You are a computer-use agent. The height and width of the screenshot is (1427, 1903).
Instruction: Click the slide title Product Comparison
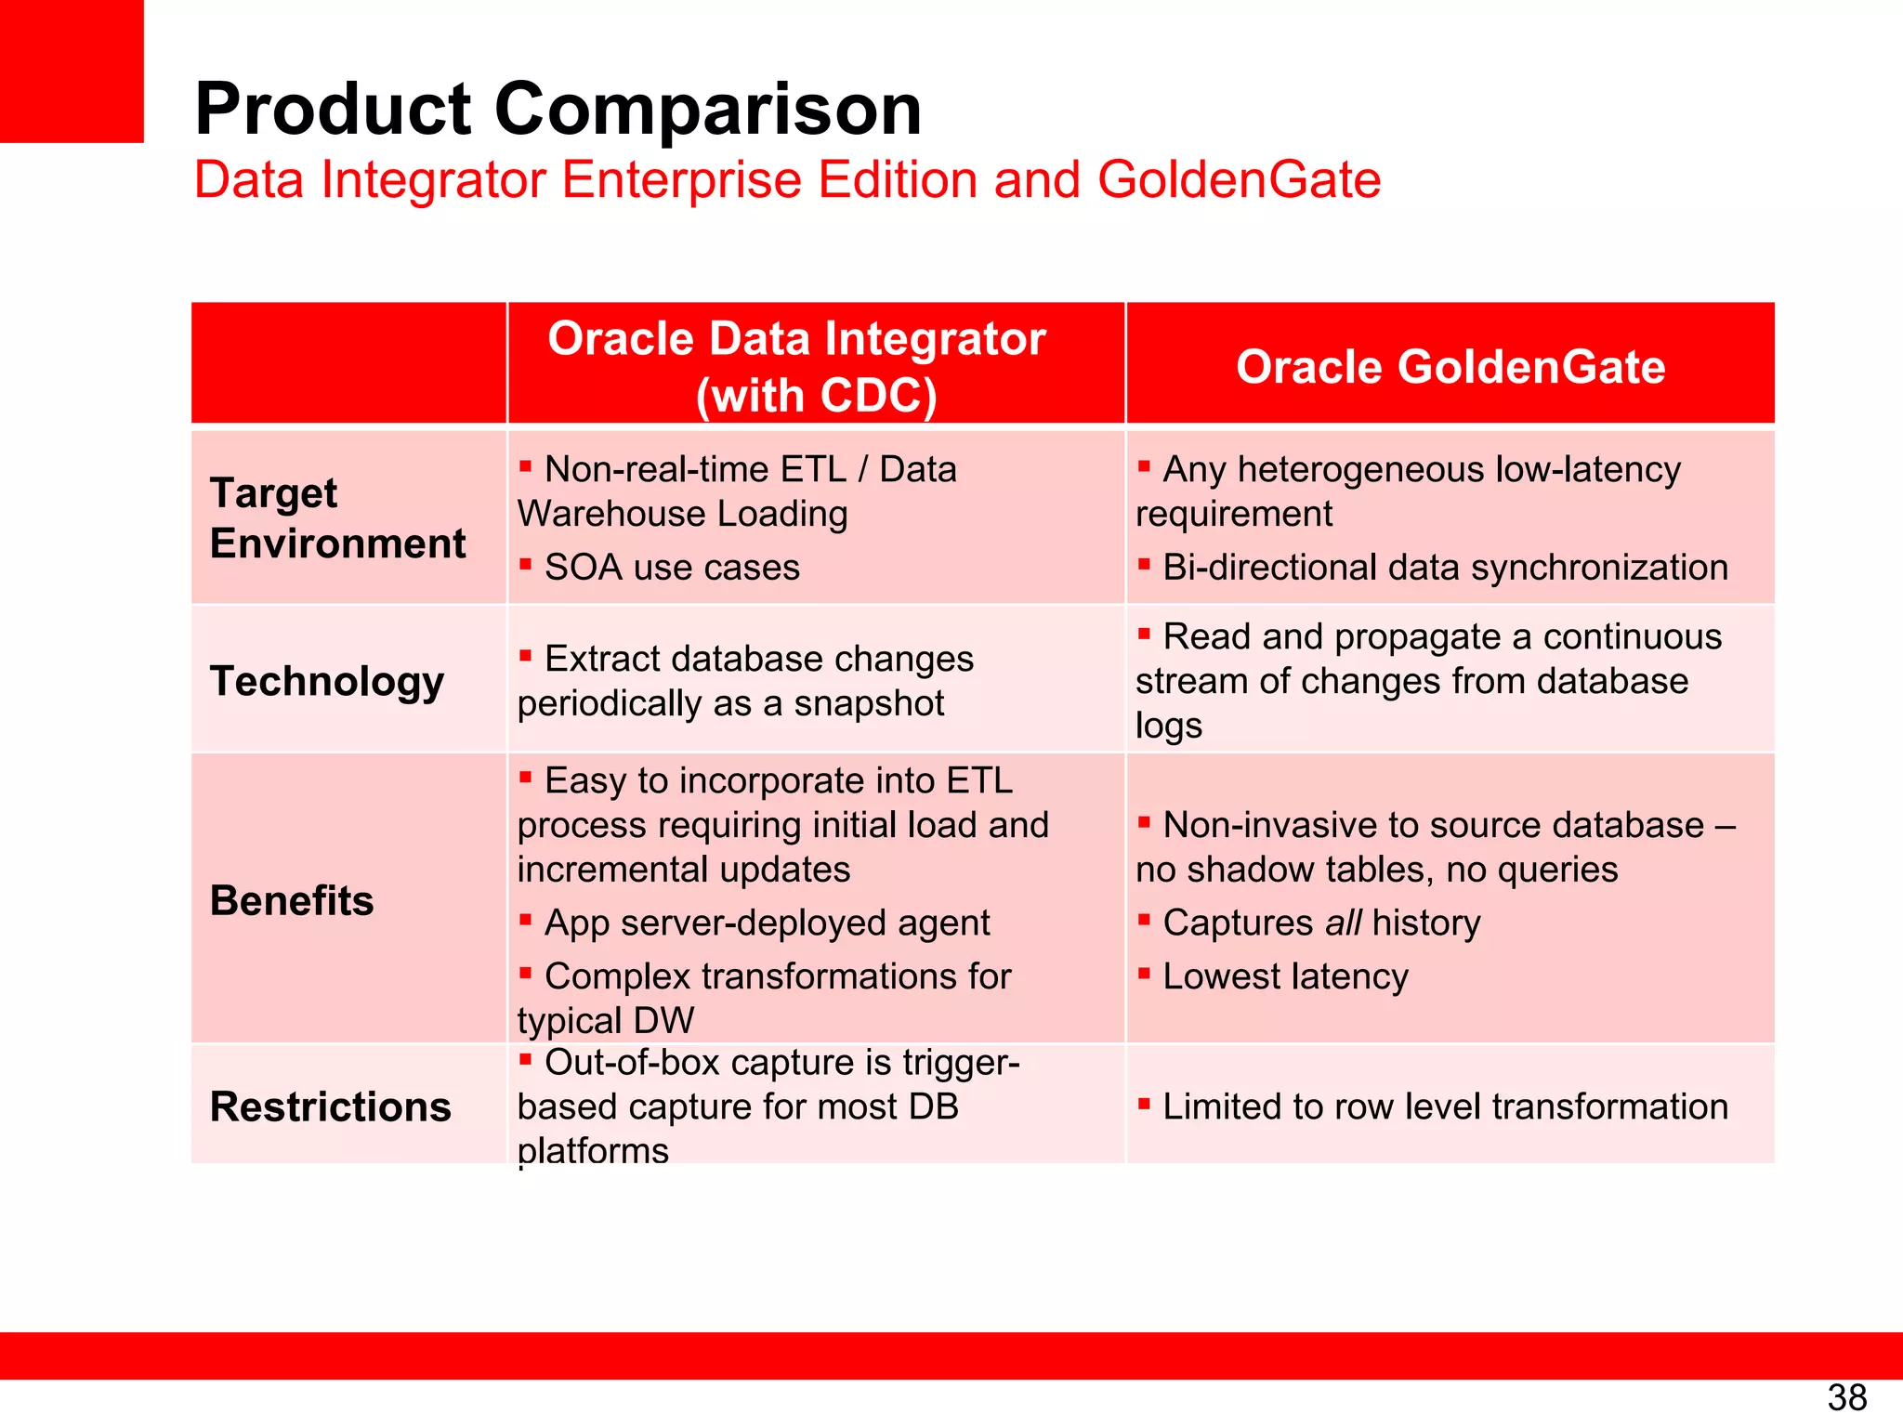click(x=558, y=109)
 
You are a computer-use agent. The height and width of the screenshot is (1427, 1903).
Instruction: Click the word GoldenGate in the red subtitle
click(x=1239, y=179)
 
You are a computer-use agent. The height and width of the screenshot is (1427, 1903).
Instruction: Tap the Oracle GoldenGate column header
click(x=1450, y=366)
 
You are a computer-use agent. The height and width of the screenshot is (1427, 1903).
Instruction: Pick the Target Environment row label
click(x=337, y=517)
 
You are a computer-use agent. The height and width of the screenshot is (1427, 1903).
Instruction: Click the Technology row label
click(x=327, y=681)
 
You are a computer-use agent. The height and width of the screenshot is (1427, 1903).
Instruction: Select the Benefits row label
click(x=292, y=900)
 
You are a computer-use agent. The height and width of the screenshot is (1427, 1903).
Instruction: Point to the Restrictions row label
click(x=330, y=1106)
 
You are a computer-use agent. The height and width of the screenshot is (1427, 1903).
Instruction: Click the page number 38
click(x=1846, y=1397)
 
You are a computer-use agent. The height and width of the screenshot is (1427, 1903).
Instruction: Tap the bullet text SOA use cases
click(x=671, y=568)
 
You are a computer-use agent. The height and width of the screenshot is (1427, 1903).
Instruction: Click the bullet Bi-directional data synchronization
click(x=1444, y=568)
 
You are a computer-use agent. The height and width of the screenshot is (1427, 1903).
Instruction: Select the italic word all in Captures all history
click(x=1343, y=923)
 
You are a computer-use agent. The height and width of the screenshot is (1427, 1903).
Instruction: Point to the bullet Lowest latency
click(x=1285, y=976)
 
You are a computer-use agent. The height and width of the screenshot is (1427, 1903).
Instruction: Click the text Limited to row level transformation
click(x=1445, y=1106)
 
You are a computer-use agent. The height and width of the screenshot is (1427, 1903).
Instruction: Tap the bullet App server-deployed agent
click(x=767, y=923)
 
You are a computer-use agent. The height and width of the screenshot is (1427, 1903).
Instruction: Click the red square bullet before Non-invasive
click(x=1144, y=821)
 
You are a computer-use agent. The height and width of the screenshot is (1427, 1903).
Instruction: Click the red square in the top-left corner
click(x=72, y=71)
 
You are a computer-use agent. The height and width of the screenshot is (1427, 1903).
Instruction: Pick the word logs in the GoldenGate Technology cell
click(x=1168, y=726)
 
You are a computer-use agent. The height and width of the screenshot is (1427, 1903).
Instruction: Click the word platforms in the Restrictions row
click(x=593, y=1151)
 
